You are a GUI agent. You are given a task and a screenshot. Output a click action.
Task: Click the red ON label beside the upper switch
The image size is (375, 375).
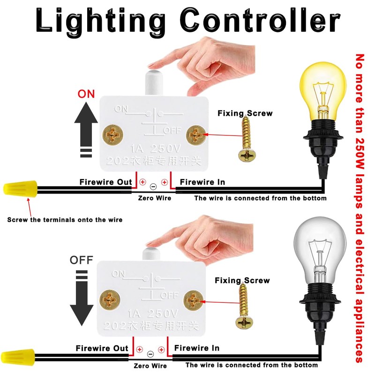click(86, 94)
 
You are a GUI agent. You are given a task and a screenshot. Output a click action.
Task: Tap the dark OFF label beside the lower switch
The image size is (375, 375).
click(81, 260)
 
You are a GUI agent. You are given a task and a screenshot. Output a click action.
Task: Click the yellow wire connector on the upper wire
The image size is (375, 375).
click(20, 189)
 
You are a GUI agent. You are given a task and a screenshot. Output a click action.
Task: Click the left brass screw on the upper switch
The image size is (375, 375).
click(112, 135)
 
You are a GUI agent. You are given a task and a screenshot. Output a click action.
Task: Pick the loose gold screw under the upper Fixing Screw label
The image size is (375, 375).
click(247, 138)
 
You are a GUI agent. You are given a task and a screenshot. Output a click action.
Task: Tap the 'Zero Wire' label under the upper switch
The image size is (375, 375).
click(155, 198)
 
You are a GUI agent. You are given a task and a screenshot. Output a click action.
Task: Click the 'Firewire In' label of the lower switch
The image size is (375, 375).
click(197, 348)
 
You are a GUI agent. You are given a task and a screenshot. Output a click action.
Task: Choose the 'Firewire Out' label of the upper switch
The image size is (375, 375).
click(106, 182)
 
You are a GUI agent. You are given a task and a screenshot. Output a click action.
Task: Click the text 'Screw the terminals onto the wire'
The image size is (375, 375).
click(65, 220)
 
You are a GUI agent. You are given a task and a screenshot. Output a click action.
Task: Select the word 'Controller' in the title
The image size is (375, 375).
click(260, 20)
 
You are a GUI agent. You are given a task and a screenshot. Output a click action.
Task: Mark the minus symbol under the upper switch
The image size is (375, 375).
click(153, 187)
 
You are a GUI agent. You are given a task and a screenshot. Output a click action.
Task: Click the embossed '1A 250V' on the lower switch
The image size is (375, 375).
click(153, 314)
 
